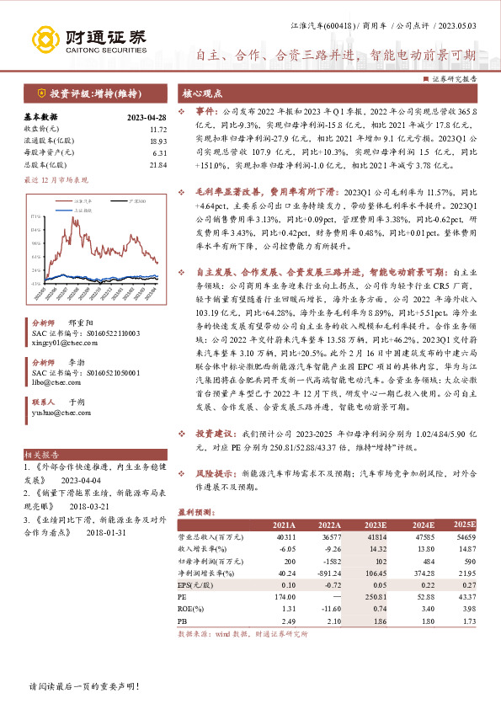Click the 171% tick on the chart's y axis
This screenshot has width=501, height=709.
tap(36, 216)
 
